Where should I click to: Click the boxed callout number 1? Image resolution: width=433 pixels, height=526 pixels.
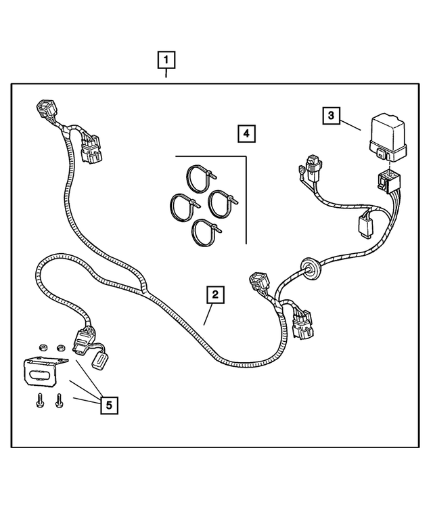coord(166,60)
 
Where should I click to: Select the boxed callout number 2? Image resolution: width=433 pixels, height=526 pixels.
coord(215,294)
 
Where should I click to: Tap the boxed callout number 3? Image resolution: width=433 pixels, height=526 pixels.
coord(331,115)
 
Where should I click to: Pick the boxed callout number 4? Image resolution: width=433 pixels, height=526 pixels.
coord(246,133)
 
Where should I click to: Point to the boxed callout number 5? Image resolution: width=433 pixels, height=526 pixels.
coord(109,406)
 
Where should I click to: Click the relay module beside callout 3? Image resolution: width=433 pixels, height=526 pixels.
coord(388,137)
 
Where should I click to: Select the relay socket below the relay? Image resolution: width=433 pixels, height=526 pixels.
coord(388,181)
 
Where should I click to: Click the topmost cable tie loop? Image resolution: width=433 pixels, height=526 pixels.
coord(200,178)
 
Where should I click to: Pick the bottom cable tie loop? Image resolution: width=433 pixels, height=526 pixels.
coord(205,232)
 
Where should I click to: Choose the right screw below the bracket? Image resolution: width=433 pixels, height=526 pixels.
coord(59,400)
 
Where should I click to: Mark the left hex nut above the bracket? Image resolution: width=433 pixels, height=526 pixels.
coord(42,347)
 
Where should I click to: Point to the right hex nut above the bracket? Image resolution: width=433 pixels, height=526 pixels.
coord(60,347)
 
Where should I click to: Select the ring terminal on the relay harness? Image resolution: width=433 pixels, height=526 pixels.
coord(302,173)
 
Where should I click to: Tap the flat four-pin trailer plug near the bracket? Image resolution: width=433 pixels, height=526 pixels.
coord(83,341)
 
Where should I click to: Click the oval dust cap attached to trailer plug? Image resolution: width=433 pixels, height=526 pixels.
coord(101,361)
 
